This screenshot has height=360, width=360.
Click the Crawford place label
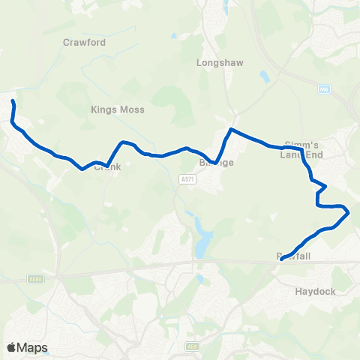(85, 43)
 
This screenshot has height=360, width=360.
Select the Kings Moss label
(118, 109)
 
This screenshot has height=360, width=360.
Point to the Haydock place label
(315, 291)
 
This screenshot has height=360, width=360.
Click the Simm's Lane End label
(302, 149)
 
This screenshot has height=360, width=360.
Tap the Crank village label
(107, 167)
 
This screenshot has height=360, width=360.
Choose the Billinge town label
(216, 162)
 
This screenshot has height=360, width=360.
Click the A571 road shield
(187, 179)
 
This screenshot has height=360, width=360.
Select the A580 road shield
(34, 279)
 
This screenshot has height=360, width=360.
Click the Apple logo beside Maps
(11, 347)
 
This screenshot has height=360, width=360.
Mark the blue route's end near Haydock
(281, 259)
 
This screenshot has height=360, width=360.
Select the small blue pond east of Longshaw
(264, 76)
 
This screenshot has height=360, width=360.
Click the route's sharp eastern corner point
(349, 212)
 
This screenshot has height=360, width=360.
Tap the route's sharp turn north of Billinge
(230, 130)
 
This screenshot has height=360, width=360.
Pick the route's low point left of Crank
(82, 169)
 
